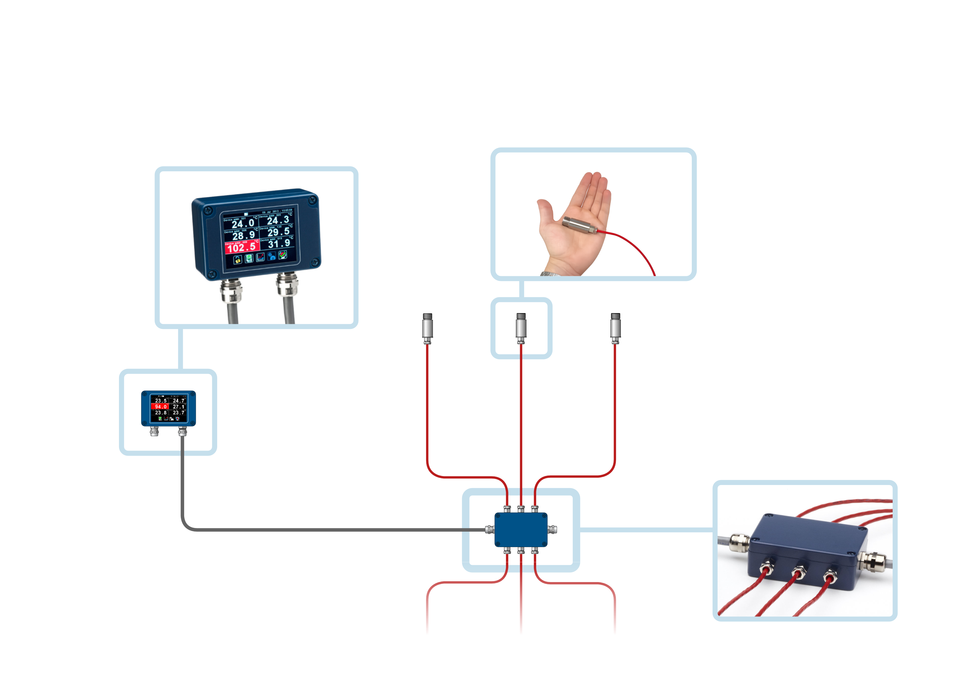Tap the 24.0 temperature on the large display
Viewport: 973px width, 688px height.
tap(243, 223)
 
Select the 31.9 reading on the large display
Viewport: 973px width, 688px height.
tap(279, 243)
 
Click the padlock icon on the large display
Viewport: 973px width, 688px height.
tap(238, 259)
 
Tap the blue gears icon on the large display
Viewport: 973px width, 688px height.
tap(272, 256)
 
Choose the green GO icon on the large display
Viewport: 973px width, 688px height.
tap(249, 258)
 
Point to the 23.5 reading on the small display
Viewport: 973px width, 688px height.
tap(161, 401)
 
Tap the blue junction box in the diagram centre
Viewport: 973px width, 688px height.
tap(521, 530)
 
